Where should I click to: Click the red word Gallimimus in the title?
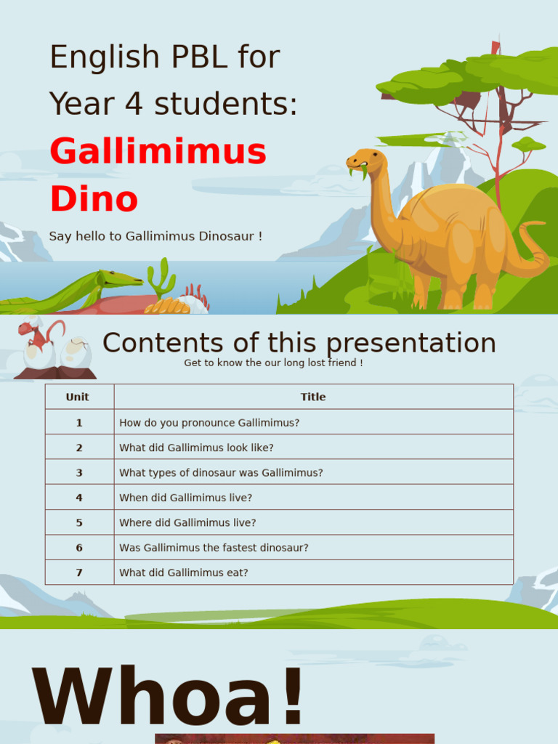[x=158, y=152]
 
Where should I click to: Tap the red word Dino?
[x=94, y=199]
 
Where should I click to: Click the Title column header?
[x=313, y=397]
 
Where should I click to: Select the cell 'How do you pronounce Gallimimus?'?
[x=209, y=422]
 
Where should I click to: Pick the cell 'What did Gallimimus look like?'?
[x=196, y=448]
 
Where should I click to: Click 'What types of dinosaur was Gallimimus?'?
[x=221, y=472]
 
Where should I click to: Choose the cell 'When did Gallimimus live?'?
[x=185, y=498]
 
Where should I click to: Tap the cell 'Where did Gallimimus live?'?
[x=187, y=522]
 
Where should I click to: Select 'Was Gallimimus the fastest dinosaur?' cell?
[x=214, y=548]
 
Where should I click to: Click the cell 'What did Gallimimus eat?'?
[x=184, y=573]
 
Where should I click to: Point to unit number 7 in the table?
[x=79, y=573]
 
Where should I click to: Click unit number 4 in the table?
[x=79, y=498]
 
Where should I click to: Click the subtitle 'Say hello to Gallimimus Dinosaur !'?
[x=155, y=236]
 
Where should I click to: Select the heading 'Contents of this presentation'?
[x=299, y=343]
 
